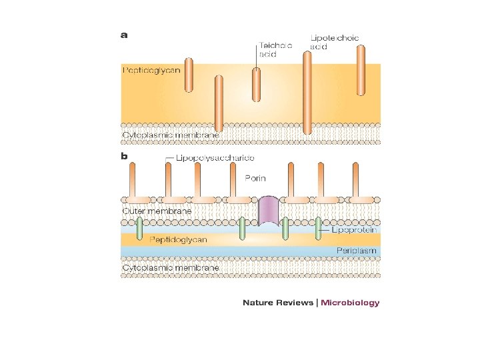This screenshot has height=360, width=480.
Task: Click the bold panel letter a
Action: pyautogui.click(x=124, y=35)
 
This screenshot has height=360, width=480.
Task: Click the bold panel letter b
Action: pyautogui.click(x=124, y=156)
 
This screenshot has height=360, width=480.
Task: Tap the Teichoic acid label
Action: pyautogui.click(x=275, y=49)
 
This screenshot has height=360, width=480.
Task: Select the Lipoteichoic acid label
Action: pyautogui.click(x=334, y=42)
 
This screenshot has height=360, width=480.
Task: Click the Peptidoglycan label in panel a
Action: pyautogui.click(x=151, y=71)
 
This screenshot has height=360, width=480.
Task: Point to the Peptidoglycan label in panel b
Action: pyautogui.click(x=178, y=239)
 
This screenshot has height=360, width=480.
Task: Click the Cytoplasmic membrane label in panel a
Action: pyautogui.click(x=171, y=135)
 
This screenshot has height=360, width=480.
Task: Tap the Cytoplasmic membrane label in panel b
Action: pyautogui.click(x=171, y=267)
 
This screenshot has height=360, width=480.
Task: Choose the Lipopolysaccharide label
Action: pyautogui.click(x=215, y=158)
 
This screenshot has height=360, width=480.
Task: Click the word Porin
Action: pyautogui.click(x=255, y=178)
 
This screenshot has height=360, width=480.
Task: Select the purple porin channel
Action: pyautogui.click(x=269, y=211)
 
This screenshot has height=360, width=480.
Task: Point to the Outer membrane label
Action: pyautogui.click(x=157, y=211)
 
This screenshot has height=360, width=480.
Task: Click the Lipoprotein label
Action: pyautogui.click(x=354, y=229)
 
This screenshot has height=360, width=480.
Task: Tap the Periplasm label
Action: pyautogui.click(x=356, y=251)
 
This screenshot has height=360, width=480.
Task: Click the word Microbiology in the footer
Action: pyautogui.click(x=350, y=303)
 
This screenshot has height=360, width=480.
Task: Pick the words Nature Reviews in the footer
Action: pyautogui.click(x=278, y=303)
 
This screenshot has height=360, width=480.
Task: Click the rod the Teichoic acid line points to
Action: pyautogui.click(x=256, y=85)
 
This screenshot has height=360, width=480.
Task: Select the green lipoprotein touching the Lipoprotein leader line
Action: pyautogui.click(x=318, y=229)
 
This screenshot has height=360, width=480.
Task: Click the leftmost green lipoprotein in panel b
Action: pyautogui.click(x=139, y=229)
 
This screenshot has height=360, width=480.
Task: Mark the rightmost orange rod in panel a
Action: pyautogui.click(x=361, y=71)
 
